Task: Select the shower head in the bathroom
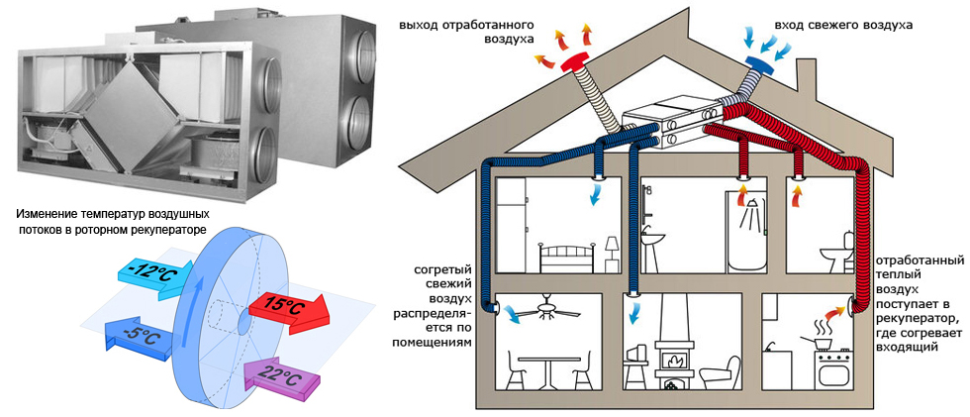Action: (752, 205)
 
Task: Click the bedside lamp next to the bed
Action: (613, 248)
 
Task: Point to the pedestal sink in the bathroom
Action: (654, 243)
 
